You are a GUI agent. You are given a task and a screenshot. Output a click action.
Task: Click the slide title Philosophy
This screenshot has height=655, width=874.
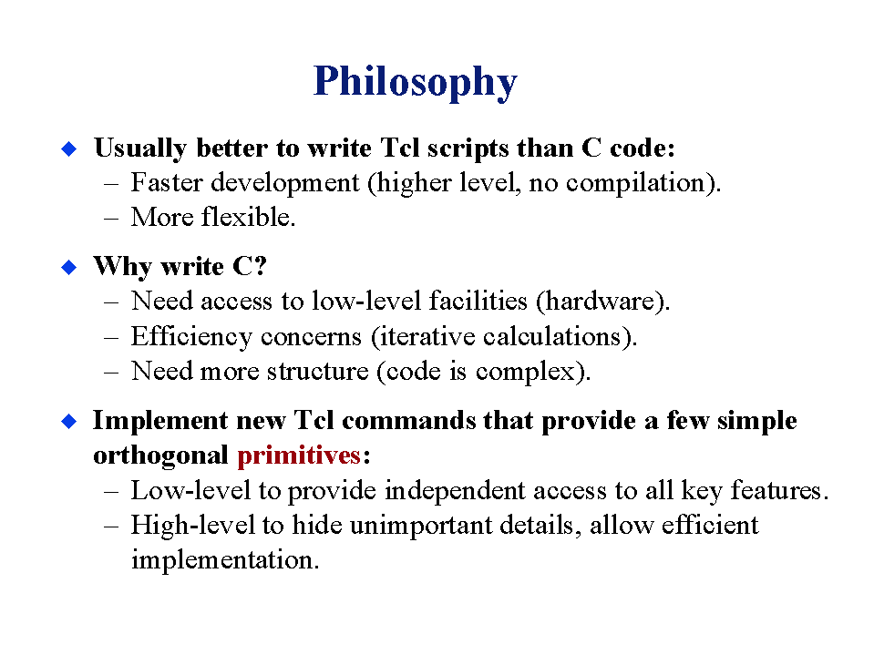(x=416, y=82)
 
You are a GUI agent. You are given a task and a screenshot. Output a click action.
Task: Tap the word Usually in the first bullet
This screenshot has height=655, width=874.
(x=140, y=148)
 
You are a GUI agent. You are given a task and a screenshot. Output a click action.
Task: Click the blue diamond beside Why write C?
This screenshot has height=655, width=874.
(x=69, y=267)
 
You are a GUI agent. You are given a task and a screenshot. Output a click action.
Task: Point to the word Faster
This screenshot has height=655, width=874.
(x=167, y=183)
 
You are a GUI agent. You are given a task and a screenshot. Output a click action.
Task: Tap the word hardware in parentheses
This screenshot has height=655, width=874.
(x=600, y=302)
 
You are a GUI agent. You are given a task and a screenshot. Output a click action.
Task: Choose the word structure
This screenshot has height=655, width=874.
(x=318, y=372)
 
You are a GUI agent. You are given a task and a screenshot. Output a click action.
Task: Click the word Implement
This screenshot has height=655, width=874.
(x=160, y=422)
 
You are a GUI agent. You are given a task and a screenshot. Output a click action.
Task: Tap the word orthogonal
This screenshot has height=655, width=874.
(x=160, y=456)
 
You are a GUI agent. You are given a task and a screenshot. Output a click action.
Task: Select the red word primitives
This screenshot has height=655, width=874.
(x=299, y=456)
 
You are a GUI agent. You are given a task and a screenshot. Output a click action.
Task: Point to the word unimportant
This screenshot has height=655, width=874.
(x=421, y=526)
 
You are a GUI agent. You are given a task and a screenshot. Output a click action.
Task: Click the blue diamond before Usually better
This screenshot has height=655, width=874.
(x=69, y=148)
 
